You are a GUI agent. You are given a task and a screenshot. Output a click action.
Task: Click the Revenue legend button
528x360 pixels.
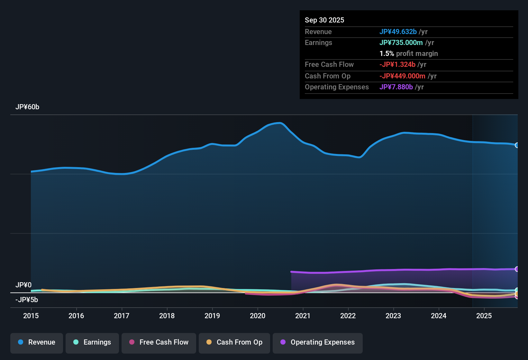tap(37, 342)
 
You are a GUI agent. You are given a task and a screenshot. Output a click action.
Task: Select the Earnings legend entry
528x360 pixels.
tap(92, 342)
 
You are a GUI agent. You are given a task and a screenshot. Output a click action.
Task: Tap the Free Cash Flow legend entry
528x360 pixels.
tap(159, 342)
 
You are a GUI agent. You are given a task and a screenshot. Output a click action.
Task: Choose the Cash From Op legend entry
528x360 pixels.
tap(234, 342)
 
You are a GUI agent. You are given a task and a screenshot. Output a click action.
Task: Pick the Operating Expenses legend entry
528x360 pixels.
tap(318, 342)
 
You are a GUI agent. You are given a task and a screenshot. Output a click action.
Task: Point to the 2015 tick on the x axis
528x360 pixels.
tap(31, 316)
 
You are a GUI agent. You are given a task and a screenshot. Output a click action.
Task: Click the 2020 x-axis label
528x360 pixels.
tap(258, 316)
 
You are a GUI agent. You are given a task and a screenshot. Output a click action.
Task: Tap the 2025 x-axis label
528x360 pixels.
tap(484, 316)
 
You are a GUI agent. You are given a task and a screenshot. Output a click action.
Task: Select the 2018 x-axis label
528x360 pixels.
tap(167, 316)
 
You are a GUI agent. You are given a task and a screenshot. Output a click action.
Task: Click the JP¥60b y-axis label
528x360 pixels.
tap(27, 107)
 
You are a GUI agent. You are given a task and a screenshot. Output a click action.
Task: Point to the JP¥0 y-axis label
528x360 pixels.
tap(23, 285)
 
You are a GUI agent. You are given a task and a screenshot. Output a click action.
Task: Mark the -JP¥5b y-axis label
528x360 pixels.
tap(27, 300)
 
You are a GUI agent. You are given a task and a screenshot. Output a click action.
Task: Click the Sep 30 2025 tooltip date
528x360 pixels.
tap(324, 20)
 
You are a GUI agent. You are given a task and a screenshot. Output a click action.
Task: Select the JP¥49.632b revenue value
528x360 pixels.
tap(398, 32)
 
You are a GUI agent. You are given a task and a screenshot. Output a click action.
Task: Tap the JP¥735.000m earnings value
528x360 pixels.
tap(401, 42)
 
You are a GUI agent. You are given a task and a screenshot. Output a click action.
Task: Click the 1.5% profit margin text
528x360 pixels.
tap(409, 53)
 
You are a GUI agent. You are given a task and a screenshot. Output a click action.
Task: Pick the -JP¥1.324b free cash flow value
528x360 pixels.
tap(397, 64)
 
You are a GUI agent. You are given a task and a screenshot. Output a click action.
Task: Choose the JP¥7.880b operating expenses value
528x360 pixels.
tap(396, 87)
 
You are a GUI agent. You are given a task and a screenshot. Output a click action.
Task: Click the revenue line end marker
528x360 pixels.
tap(517, 145)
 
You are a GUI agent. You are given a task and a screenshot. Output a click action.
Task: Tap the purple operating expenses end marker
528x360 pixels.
tap(517, 269)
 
